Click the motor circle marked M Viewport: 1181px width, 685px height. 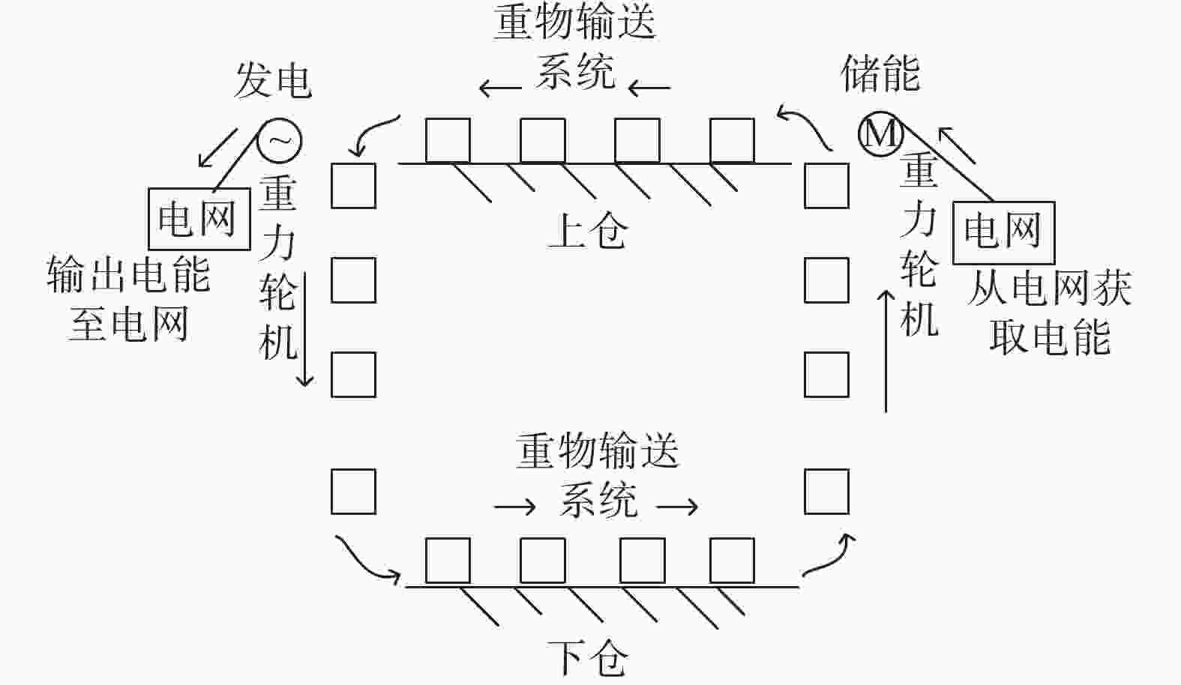pos(880,134)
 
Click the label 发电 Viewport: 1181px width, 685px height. pos(273,81)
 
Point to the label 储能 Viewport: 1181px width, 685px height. pos(880,73)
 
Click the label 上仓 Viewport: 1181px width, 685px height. pos(588,230)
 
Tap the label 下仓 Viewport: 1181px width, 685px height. pos(588,658)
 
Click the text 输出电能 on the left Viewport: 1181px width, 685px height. pos(129,274)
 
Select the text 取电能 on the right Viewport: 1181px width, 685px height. pos(1050,337)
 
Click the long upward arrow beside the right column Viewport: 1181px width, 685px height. pos(886,351)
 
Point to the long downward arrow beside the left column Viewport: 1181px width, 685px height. pos(304,330)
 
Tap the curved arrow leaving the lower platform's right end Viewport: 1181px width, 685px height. pos(832,558)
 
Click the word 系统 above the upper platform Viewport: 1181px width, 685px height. pos(575,71)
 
